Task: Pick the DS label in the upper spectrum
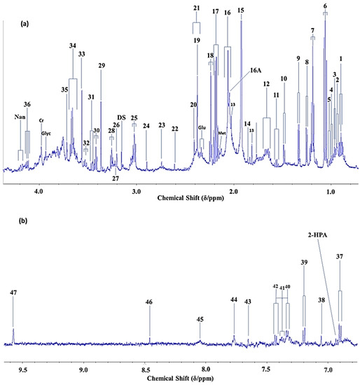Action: pos(121,117)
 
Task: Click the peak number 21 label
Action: pos(197,8)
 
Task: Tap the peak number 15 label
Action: pos(241,10)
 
